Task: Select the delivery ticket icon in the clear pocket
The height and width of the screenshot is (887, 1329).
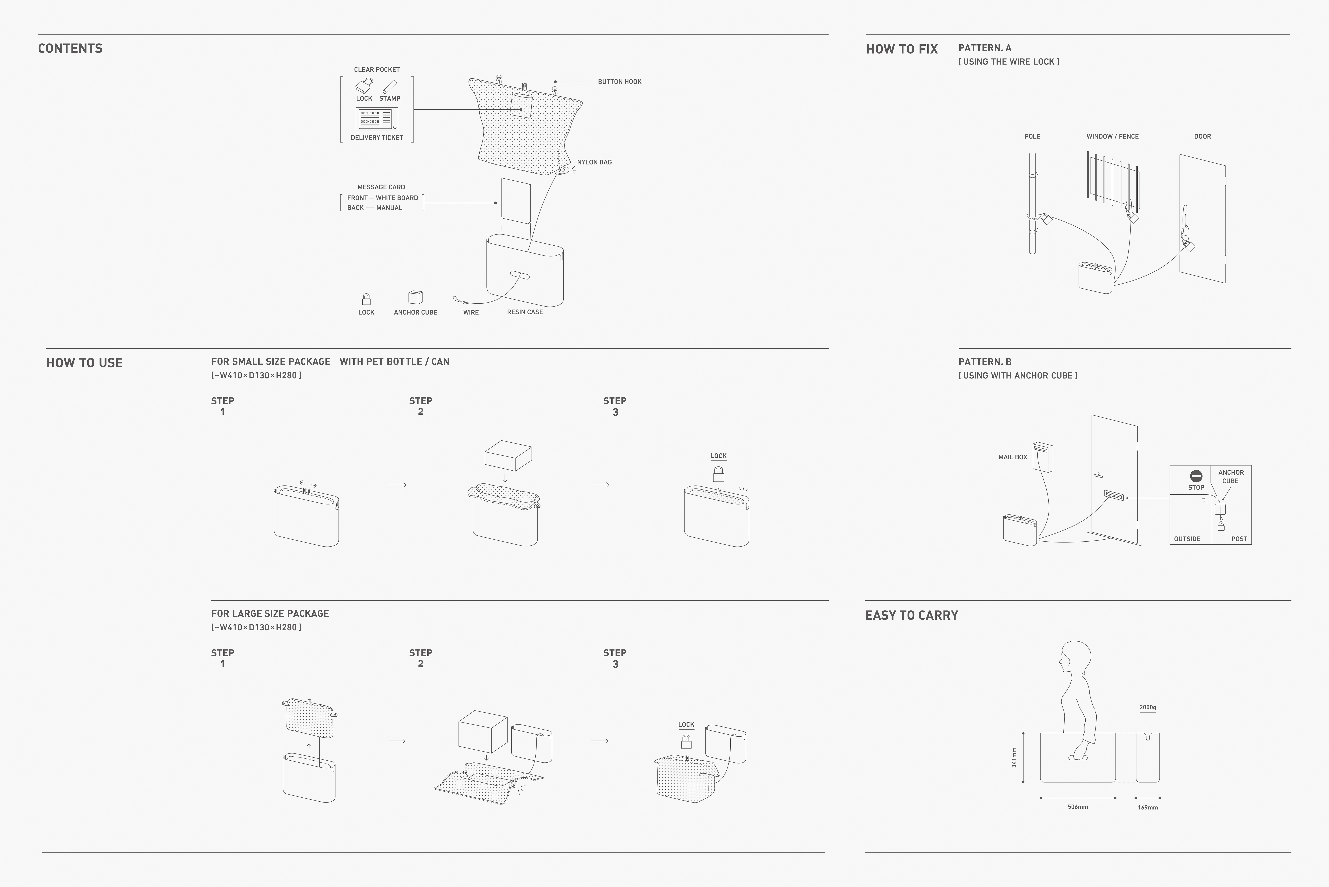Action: click(377, 119)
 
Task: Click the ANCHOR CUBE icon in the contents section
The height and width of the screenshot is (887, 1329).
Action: click(416, 297)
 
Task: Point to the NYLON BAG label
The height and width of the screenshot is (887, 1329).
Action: click(594, 162)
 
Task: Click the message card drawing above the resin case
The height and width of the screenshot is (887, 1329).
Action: click(516, 201)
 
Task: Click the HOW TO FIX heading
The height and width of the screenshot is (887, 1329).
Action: click(902, 49)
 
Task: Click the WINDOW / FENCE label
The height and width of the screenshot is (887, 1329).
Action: click(1112, 136)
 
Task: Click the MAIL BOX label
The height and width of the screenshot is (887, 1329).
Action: click(1012, 457)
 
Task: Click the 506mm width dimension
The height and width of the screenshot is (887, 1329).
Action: click(1078, 807)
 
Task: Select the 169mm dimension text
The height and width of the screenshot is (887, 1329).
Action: click(1148, 807)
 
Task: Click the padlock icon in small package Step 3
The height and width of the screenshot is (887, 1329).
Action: click(718, 474)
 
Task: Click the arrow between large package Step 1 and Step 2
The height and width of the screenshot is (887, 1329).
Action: click(397, 741)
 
